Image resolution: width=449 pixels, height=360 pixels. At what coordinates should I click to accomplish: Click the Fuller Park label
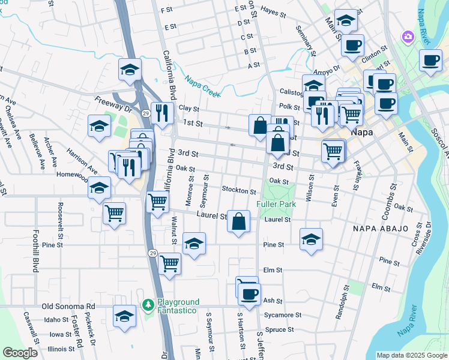[276, 204]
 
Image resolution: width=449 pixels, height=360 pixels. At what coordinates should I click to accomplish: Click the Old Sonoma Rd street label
[69, 306]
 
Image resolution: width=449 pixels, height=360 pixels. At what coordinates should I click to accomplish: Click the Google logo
[20, 353]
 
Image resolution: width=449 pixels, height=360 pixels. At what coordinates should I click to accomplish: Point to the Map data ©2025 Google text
[412, 355]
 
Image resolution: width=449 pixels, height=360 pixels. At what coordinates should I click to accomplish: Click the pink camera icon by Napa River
[408, 37]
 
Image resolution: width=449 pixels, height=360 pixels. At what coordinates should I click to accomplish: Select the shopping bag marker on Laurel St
[239, 221]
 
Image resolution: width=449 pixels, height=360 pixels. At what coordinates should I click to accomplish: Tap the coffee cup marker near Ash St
[250, 293]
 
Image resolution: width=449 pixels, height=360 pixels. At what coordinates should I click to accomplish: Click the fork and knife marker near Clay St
[162, 112]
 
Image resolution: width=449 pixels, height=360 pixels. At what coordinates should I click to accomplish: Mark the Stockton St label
[239, 191]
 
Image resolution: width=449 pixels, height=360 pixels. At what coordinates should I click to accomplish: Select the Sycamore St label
[282, 314]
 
